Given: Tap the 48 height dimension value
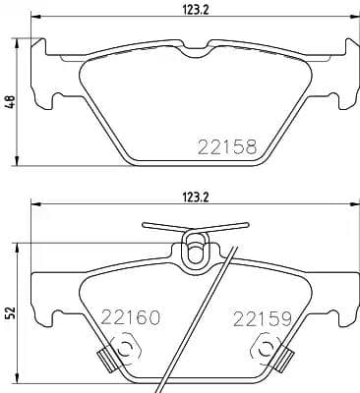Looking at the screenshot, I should coord(11,101).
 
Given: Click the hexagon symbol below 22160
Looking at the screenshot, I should coord(125,348).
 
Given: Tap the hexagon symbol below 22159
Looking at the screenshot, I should coord(264,348).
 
